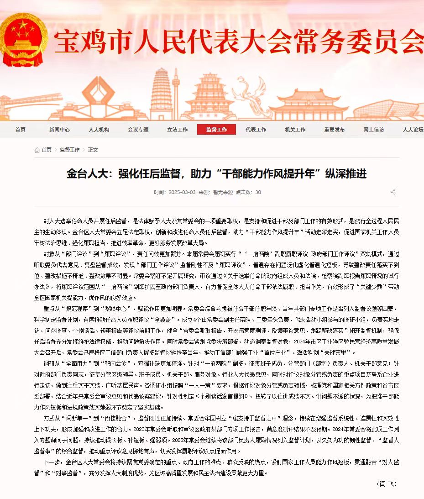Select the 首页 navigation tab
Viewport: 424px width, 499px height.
pos(20,130)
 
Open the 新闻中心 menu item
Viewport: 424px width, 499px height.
pos(59,130)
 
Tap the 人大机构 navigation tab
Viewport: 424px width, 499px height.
pos(99,130)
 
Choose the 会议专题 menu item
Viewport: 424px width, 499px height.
pos(138,130)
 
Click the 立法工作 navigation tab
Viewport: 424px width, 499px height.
pos(178,130)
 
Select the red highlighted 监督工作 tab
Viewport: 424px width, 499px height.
pos(216,130)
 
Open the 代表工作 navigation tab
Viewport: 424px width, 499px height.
pos(256,130)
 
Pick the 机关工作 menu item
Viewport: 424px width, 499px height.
pos(295,130)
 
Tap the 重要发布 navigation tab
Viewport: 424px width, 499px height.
pos(335,130)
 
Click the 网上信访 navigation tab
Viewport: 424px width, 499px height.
pos(374,130)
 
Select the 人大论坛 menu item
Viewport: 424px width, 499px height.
pos(413,130)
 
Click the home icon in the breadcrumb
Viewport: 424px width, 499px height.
pos(37,150)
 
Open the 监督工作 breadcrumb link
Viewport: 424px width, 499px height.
pos(69,150)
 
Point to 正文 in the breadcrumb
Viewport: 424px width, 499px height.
pos(93,150)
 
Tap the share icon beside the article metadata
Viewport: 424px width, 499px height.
pos(393,192)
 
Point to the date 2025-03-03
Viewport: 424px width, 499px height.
pos(182,192)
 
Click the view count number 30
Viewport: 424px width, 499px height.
pos(258,192)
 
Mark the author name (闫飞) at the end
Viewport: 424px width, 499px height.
pos(387,483)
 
